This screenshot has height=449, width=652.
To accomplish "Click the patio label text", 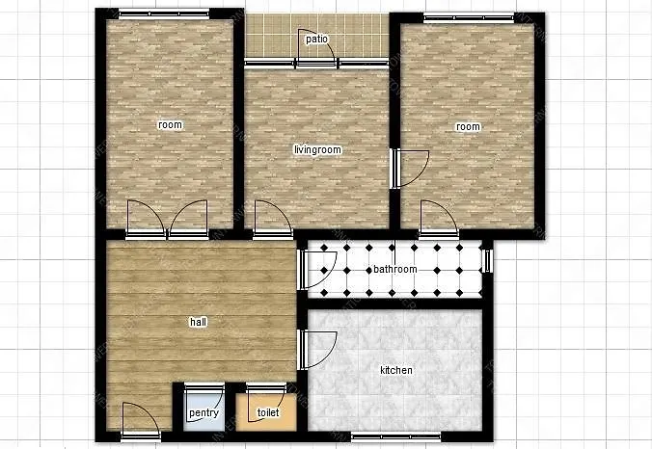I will (x=317, y=40).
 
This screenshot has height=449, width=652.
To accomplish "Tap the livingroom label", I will (x=317, y=149).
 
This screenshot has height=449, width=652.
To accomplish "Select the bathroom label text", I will (x=395, y=269).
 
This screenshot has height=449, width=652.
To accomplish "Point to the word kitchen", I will (x=396, y=370).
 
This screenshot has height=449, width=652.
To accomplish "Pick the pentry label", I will (x=204, y=413).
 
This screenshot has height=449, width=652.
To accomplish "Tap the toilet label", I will (x=267, y=413).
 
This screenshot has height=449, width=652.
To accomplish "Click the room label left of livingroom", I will (x=170, y=124).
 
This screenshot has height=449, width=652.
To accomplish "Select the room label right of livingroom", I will (x=468, y=126).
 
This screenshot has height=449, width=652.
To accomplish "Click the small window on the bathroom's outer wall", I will (x=487, y=260).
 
